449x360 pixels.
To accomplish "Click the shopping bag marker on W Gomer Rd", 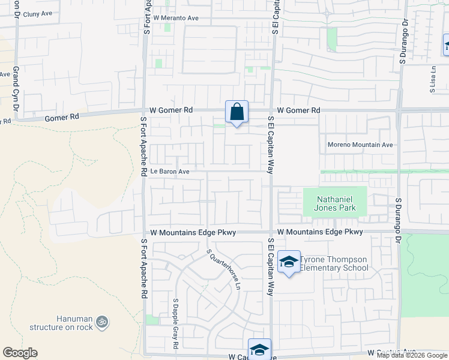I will [237, 112].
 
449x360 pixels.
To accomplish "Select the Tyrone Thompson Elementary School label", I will [334, 263].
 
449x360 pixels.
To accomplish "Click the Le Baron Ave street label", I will [170, 172].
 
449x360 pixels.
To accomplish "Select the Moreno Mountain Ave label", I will [360, 145].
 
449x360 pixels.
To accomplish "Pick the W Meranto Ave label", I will [176, 18].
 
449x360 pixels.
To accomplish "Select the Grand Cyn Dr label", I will [16, 88].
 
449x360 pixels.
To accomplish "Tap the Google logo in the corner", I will [20, 353].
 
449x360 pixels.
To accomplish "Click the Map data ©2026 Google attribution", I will [412, 355].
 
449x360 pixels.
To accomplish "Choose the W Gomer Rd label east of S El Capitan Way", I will [298, 110].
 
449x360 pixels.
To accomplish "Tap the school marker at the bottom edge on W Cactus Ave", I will [259, 350].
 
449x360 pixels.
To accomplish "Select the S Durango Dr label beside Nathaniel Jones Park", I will [397, 220].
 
